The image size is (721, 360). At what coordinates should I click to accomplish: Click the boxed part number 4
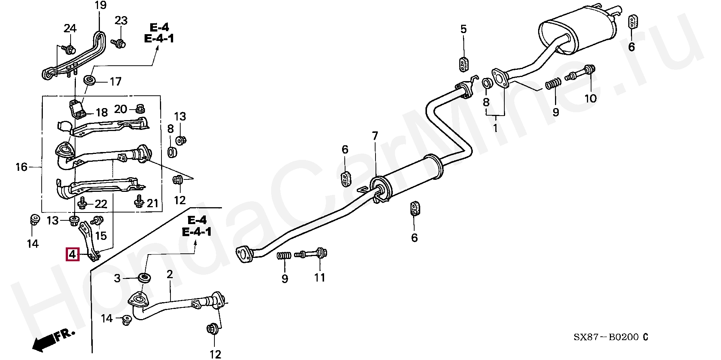coord(72,255)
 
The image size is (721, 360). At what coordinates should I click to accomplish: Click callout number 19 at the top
coord(100,6)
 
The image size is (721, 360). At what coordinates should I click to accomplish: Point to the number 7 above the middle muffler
coord(375,136)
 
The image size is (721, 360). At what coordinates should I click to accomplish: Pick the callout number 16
coord(21,167)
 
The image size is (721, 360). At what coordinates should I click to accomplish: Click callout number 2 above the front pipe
coord(170,274)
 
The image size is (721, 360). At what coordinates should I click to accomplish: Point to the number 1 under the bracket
coord(495,128)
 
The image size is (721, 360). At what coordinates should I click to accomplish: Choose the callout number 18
coord(101,112)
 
